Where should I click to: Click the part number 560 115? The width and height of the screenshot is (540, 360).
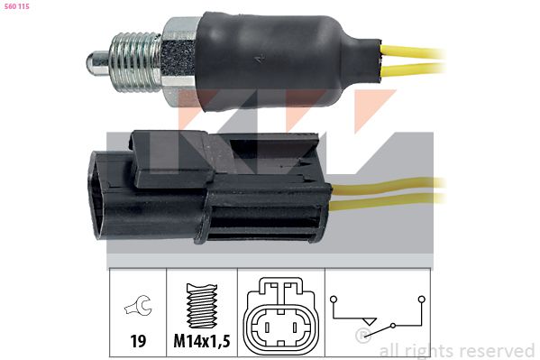click(17, 6)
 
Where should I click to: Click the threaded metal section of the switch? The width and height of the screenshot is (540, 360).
click(135, 62)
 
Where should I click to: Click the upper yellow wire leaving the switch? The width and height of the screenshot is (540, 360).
click(413, 52)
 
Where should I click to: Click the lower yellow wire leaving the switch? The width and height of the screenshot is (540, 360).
click(413, 69)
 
